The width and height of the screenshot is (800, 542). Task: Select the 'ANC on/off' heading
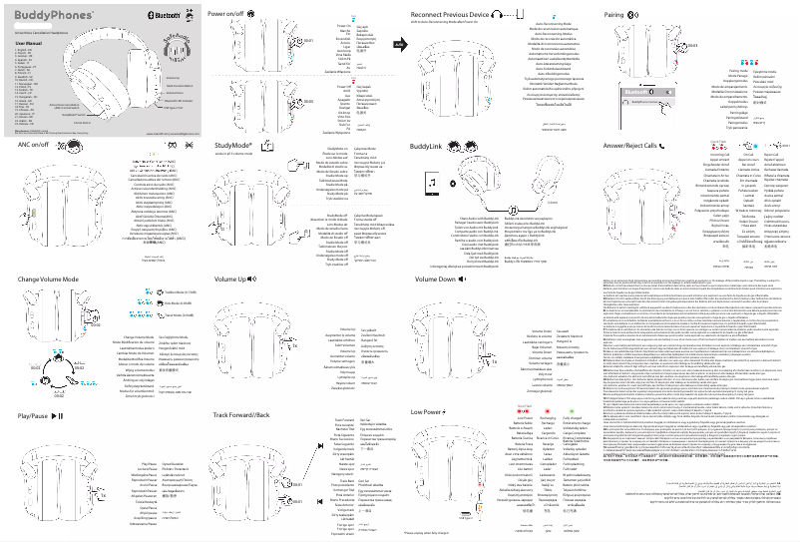tap(33, 145)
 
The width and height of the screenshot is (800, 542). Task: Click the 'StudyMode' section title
tap(236, 144)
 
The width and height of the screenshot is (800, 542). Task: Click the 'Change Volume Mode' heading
tap(51, 279)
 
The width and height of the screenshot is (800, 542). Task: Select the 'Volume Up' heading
tap(229, 279)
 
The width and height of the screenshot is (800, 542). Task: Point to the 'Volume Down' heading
tap(435, 279)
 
